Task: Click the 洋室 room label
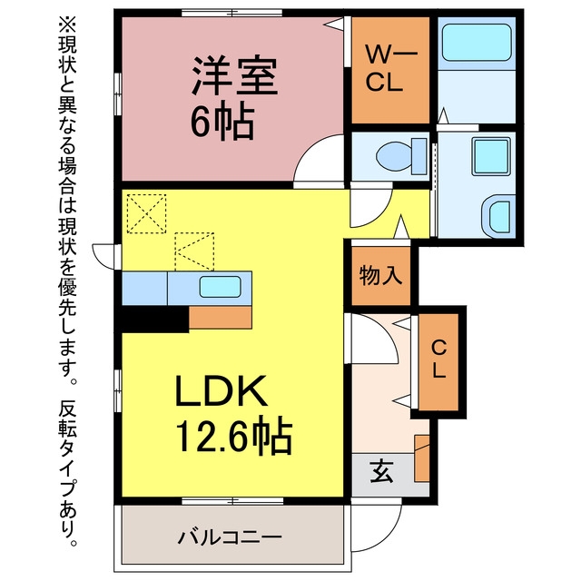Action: [x=234, y=76]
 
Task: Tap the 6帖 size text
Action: [x=222, y=121]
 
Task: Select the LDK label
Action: [x=222, y=391]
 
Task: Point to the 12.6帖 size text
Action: [x=234, y=436]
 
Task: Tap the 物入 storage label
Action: [x=380, y=275]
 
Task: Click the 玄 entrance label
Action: [x=381, y=471]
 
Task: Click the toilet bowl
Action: [x=401, y=156]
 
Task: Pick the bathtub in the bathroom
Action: [x=477, y=43]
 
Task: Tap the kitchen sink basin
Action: [x=220, y=287]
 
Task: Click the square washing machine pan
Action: [x=491, y=156]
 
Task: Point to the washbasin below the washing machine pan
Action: [x=498, y=216]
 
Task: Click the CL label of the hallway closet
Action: [x=439, y=359]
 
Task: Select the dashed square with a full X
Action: [x=146, y=214]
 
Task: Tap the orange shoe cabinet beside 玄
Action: [x=421, y=458]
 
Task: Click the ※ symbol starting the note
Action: [x=67, y=25]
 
